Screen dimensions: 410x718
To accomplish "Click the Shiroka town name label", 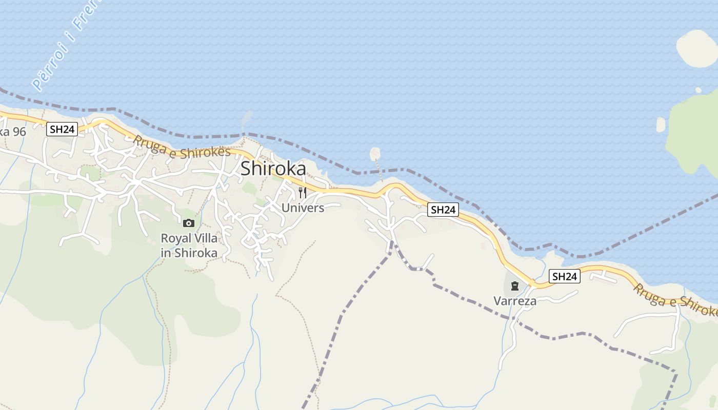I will [273, 169].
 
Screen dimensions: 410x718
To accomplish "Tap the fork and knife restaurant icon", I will [303, 193].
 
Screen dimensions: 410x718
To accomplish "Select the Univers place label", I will [303, 208].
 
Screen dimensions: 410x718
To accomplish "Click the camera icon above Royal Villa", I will [189, 223].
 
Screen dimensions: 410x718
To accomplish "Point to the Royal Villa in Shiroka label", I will [189, 245].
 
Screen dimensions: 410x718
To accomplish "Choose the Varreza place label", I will [515, 301].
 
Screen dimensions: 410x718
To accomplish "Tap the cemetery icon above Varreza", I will [515, 286].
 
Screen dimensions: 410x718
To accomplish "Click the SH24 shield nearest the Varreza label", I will [565, 277].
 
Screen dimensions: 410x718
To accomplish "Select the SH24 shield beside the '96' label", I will [62, 129].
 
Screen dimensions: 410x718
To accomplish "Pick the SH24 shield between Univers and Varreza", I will [443, 210].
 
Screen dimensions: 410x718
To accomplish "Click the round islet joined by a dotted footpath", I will [375, 153].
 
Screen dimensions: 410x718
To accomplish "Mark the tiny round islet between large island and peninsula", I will [698, 90].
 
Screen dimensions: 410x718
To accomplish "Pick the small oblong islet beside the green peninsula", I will [661, 125].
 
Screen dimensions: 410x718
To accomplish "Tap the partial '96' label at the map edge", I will [12, 132].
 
